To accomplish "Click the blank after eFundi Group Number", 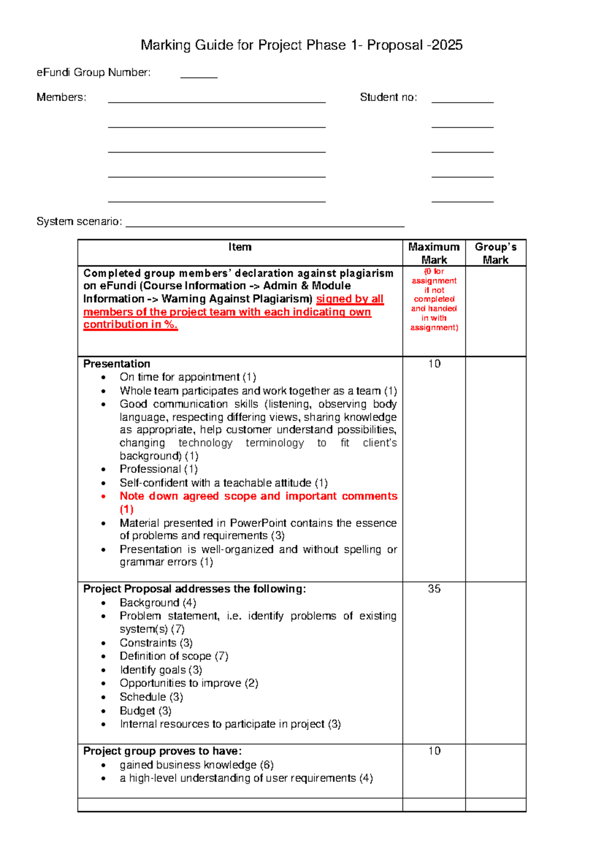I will point(199,75).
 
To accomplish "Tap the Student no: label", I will point(388,97).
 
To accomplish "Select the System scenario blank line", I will point(265,224).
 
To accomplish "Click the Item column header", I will point(240,247).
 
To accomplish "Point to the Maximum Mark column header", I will point(434,253).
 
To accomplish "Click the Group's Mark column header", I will point(495,253).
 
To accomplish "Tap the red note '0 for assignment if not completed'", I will point(434,299).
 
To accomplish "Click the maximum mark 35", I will point(434,589).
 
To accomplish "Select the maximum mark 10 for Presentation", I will point(434,364).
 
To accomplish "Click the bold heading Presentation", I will point(117,364).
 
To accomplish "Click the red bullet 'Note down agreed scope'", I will point(258,496).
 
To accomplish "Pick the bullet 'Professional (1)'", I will point(159,469).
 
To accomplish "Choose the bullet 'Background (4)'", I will point(158,603).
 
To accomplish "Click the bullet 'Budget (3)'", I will point(145,710).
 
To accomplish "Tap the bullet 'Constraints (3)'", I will point(156,643).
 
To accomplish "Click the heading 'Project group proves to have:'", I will point(162,751).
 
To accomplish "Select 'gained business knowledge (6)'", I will point(196,765).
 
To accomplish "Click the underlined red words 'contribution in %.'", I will point(130,325).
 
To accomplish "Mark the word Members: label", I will point(61,97).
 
